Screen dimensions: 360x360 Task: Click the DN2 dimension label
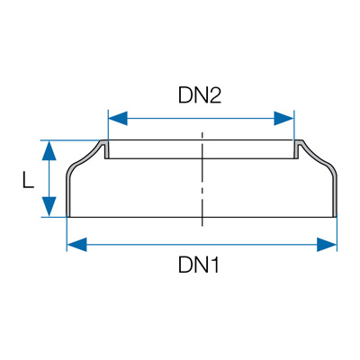[200, 95]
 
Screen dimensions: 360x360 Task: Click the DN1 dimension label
[199, 265]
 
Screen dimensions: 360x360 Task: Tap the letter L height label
[28, 180]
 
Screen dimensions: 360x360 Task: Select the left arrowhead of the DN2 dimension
[118, 119]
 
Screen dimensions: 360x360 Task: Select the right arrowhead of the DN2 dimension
[283, 119]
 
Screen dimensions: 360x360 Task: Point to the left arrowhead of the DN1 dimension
[76, 245]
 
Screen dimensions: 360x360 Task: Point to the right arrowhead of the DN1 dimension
[327, 245]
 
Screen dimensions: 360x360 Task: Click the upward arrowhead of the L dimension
[49, 151]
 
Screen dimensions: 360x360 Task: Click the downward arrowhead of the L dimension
[49, 206]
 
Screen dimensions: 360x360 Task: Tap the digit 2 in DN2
[215, 95]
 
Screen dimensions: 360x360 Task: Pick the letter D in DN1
[185, 265]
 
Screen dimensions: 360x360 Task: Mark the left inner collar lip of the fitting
[106, 149]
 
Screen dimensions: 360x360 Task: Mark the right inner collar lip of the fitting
[295, 149]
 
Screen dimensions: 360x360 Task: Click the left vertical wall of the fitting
[68, 195]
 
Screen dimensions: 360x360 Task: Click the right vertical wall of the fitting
[335, 195]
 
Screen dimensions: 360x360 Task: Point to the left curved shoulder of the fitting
[85, 157]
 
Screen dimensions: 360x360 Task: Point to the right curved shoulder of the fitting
[318, 157]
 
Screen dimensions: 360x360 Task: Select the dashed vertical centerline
[202, 179]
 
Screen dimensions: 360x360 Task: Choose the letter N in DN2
[200, 95]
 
